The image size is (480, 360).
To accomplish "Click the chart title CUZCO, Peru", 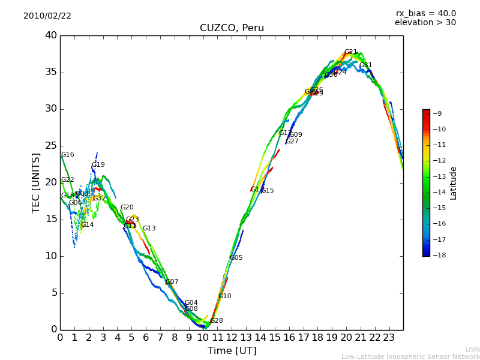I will point(232,28).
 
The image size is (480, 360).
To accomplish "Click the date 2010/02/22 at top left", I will point(47,16).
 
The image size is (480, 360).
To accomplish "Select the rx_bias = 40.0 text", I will point(425,13).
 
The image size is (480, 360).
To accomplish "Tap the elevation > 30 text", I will point(425,23).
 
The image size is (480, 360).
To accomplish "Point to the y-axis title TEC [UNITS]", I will point(36,182).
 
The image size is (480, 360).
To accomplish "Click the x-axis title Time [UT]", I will point(232,350).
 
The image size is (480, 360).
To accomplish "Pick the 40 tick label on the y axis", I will point(51,35).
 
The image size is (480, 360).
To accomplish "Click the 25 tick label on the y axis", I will point(51,146).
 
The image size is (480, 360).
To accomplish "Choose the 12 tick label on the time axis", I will point(232,337).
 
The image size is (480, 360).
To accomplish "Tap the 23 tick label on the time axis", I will point(389,337).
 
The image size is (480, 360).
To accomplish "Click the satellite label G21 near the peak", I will point(351,52).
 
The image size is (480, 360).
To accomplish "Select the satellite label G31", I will point(366,65).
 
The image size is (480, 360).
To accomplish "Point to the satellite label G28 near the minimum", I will point(217,321).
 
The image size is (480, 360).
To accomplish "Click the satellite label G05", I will point(236,258).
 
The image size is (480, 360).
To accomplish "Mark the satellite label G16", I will point(68,155).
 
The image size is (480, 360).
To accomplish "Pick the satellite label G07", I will point(172,282).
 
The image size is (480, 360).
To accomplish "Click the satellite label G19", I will point(98,165).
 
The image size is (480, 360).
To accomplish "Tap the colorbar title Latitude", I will point(454,183).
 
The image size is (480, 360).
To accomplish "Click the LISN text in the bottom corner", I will point(472,349).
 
